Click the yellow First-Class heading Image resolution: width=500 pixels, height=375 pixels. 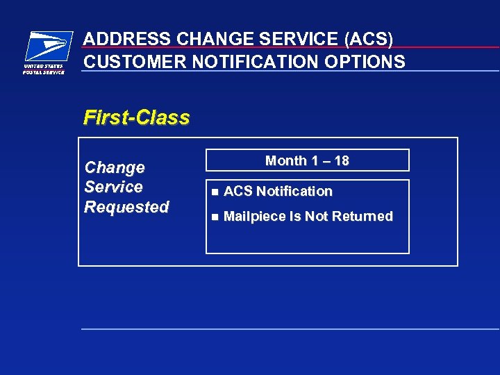point(136,117)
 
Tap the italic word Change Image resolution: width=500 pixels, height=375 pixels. point(115,167)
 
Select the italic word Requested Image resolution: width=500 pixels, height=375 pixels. point(126,207)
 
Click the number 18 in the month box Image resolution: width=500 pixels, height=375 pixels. point(340,161)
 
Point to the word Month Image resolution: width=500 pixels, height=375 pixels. point(285,161)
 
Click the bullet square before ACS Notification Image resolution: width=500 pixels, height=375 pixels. point(215,192)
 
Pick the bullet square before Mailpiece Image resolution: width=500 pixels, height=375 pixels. point(215,217)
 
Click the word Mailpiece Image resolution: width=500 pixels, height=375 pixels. point(253,217)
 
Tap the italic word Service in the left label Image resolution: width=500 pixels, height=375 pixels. point(113,187)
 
